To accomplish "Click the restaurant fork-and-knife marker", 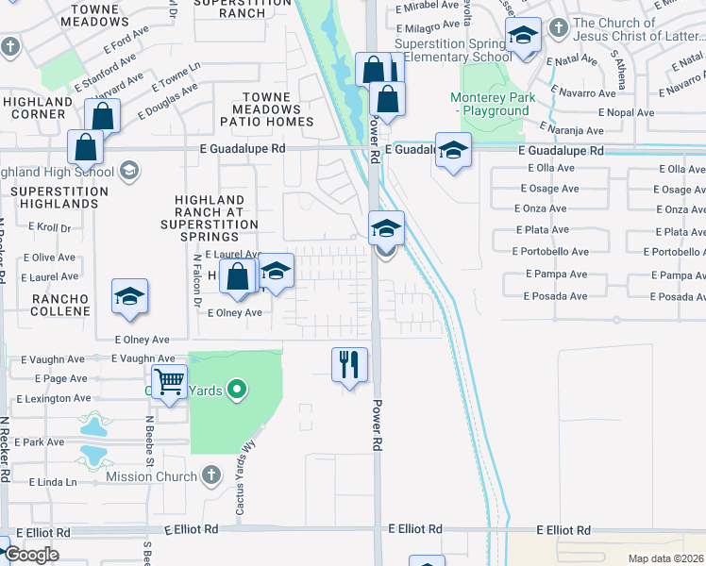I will pos(349,363).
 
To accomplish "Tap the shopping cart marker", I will pos(169,383).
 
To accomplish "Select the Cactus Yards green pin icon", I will pos(237,388).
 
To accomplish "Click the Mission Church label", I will pos(153,476).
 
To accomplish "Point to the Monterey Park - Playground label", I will pos(493,104).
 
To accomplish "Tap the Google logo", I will pos(31,554).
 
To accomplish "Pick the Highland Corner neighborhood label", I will pos(38,108).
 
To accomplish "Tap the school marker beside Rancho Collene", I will pos(129,296).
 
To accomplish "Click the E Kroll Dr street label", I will pos(50,227).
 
